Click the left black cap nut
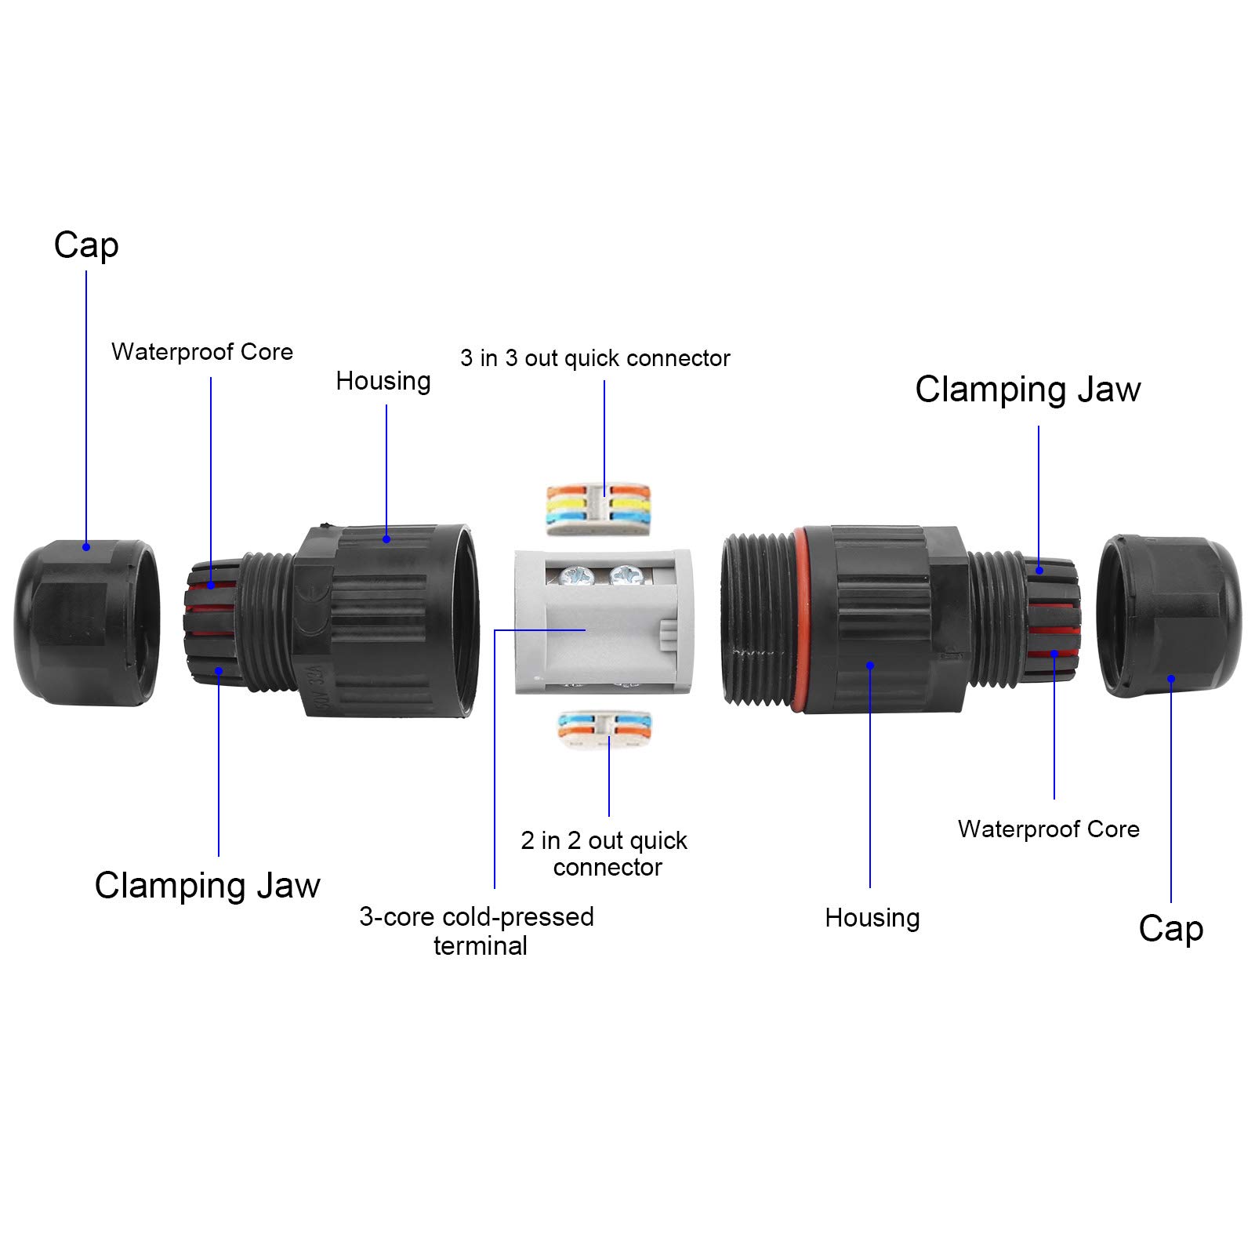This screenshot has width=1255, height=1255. click(x=86, y=622)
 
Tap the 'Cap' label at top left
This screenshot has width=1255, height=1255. click(x=86, y=245)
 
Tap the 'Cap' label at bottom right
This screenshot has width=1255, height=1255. click(x=1171, y=929)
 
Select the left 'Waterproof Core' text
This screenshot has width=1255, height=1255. click(x=202, y=352)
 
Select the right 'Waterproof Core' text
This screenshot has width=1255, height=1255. click(x=1049, y=829)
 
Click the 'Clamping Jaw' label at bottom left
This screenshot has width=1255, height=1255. click(x=208, y=886)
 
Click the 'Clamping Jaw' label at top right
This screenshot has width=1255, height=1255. click(x=1028, y=390)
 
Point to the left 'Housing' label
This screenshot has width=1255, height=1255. click(x=383, y=382)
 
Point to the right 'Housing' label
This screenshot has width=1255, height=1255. click(x=872, y=918)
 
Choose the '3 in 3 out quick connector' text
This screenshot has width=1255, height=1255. click(x=595, y=358)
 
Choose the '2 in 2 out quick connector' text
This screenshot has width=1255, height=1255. click(x=604, y=854)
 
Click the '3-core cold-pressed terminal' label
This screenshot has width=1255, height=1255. click(x=477, y=930)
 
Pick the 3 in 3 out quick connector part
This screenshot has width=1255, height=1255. click(x=598, y=510)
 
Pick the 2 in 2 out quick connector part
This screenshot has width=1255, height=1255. click(x=604, y=730)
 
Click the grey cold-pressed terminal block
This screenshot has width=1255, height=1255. click(x=603, y=622)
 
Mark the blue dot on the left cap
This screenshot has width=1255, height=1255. click(x=86, y=546)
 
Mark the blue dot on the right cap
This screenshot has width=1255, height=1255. click(x=1171, y=679)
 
